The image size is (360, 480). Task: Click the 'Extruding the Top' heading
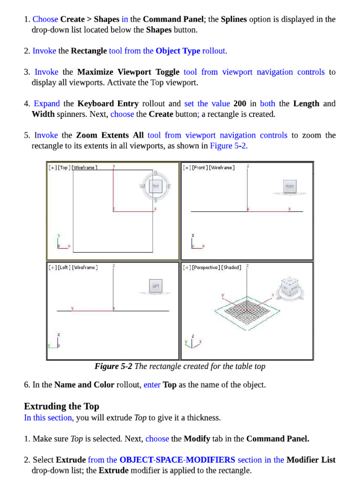click(x=61, y=406)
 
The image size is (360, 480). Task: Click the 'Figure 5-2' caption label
click(x=113, y=367)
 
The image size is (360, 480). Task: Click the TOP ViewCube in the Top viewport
click(x=156, y=186)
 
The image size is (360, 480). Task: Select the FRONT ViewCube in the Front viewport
click(x=290, y=186)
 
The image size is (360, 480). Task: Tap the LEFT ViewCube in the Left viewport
click(x=156, y=285)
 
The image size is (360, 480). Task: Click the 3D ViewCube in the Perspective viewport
click(x=289, y=287)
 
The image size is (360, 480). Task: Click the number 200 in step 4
click(x=240, y=104)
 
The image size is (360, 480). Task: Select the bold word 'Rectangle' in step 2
click(x=89, y=51)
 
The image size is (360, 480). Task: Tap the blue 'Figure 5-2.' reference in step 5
click(x=229, y=146)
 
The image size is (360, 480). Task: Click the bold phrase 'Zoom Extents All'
click(x=110, y=135)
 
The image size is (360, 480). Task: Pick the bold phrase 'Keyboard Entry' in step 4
click(x=108, y=104)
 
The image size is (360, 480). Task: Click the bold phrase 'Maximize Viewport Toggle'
click(x=128, y=72)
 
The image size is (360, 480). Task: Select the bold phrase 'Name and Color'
click(x=84, y=385)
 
